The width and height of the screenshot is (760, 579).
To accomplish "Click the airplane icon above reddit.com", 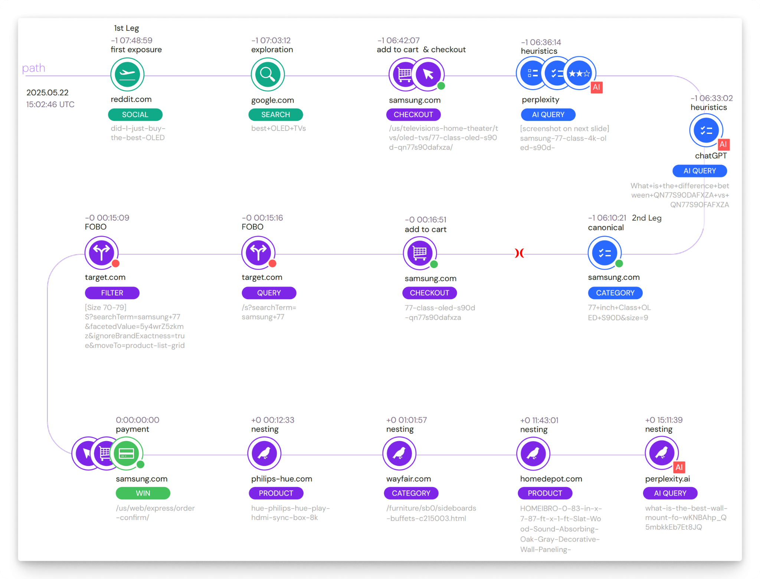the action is (127, 75).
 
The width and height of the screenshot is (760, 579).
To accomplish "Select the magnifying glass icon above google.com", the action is (268, 75).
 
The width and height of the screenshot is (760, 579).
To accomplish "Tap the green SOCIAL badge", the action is (135, 115).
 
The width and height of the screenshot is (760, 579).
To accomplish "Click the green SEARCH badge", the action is (275, 115).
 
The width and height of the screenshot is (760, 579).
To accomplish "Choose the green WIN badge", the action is (143, 493).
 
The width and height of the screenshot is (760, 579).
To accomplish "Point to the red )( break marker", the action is (520, 253).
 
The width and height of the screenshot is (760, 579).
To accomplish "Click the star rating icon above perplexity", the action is (579, 73).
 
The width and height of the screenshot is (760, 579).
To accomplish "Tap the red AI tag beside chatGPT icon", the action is (723, 144).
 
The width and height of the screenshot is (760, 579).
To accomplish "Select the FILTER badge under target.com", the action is (112, 293).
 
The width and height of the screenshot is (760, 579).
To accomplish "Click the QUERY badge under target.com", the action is (269, 293).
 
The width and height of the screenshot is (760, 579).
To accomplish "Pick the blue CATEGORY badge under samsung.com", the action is (615, 293).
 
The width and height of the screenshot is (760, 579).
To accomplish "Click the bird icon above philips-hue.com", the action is (264, 453).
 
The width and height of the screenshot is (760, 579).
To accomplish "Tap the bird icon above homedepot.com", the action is (533, 453).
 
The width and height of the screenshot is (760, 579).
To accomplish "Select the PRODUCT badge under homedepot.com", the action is (545, 493).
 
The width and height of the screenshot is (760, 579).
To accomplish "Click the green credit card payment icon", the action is (126, 453).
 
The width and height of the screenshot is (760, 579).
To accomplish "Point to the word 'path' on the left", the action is (33, 68).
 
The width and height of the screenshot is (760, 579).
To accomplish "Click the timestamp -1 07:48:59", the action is (131, 40).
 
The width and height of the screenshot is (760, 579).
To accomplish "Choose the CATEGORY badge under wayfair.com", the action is (411, 493).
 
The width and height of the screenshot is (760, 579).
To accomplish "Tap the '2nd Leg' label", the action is (647, 218).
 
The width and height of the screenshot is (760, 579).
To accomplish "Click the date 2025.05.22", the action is (47, 92).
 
